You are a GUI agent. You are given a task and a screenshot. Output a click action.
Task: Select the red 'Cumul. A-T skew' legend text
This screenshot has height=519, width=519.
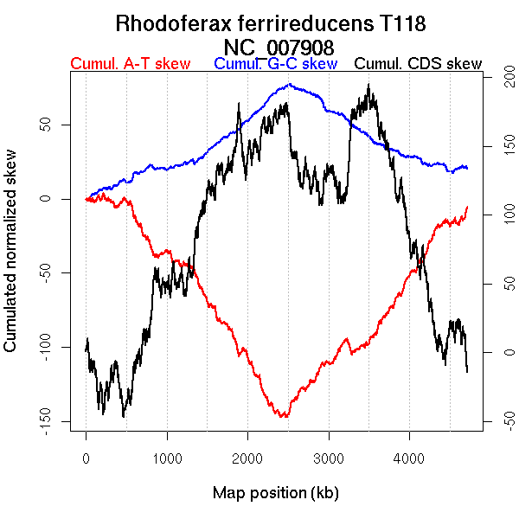(x=130, y=64)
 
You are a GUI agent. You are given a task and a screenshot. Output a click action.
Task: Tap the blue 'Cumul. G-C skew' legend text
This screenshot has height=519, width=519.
(x=275, y=64)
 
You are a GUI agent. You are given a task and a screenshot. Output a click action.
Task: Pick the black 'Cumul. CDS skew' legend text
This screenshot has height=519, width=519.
(x=418, y=64)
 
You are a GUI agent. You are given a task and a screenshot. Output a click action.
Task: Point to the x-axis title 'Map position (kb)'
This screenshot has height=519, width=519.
(x=275, y=493)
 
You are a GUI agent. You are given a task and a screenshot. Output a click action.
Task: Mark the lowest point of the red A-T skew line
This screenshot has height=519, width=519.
(x=283, y=417)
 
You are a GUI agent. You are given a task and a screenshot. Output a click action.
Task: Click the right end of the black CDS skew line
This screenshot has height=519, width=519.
(x=467, y=372)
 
